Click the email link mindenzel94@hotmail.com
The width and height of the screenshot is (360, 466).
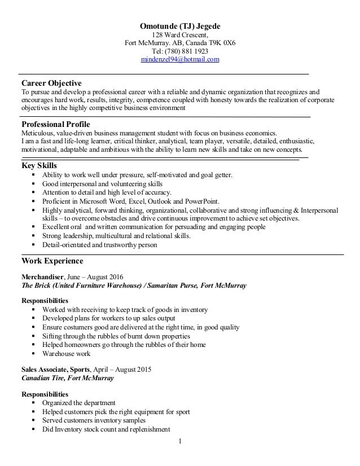point(180,59)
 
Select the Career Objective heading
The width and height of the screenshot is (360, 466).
point(51,83)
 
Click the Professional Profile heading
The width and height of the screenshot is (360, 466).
point(55,124)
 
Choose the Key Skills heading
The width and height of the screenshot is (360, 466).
point(39,165)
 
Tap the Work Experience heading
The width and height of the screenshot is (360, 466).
point(52,261)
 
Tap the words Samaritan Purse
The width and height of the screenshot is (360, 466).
point(172,286)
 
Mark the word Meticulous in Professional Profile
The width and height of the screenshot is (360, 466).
point(39,133)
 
